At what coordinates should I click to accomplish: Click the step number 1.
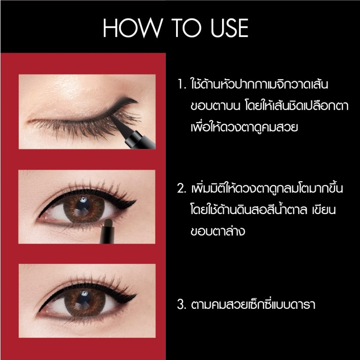[x=182, y=86]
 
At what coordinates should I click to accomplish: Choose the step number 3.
[x=182, y=305]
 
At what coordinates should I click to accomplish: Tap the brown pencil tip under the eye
[x=107, y=220]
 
